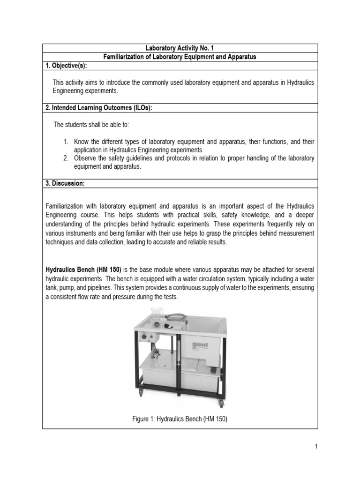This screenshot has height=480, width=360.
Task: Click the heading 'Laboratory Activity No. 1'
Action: point(180,48)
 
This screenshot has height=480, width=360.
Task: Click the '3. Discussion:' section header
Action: point(65,184)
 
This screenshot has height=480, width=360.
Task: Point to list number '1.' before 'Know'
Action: point(67,142)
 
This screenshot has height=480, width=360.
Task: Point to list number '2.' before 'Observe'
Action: point(67,158)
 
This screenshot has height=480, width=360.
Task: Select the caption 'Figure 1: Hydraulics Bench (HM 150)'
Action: point(180,420)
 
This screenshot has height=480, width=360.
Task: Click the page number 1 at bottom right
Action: point(316,447)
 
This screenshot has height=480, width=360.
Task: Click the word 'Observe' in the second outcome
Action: point(85,158)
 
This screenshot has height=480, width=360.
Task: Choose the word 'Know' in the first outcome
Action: point(82,142)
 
